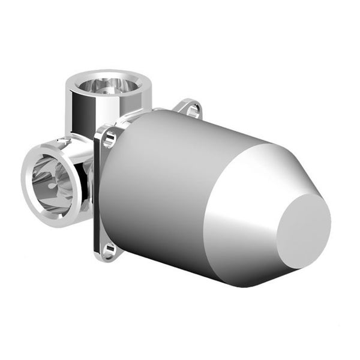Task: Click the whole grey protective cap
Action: [204, 198]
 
